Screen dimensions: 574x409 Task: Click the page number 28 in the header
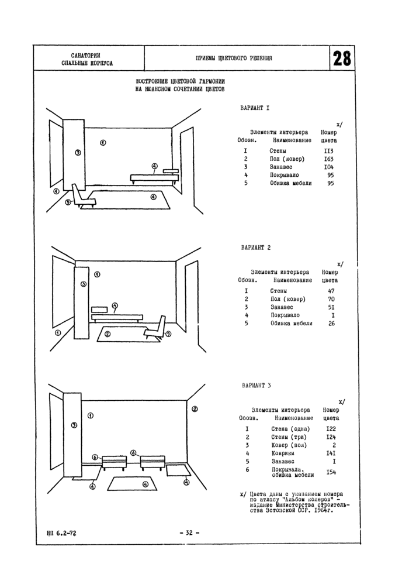pos(342,59)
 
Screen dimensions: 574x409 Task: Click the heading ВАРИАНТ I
pos(255,109)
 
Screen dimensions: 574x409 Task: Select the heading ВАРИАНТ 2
pos(256,248)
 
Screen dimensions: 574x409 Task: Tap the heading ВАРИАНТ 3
pos(256,386)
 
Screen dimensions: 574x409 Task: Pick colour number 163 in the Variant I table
pos(328,159)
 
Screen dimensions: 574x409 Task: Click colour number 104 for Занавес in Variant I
pos(328,167)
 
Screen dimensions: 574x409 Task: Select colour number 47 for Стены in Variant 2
pos(331,290)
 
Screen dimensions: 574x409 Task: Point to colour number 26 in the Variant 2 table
pos(331,323)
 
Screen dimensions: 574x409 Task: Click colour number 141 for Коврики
pos(330,453)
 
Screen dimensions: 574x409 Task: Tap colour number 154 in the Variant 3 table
pos(331,472)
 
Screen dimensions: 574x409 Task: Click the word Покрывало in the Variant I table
pos(285,175)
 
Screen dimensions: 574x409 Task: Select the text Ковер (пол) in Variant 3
pos(287,445)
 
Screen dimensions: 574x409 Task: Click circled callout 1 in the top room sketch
pos(102,142)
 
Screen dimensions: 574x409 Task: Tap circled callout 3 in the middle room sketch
pos(84,284)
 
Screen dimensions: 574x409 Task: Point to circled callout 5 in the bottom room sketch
pos(74,425)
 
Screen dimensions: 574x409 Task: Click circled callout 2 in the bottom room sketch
pos(195,409)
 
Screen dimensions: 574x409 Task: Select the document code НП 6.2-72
pos(59,532)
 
